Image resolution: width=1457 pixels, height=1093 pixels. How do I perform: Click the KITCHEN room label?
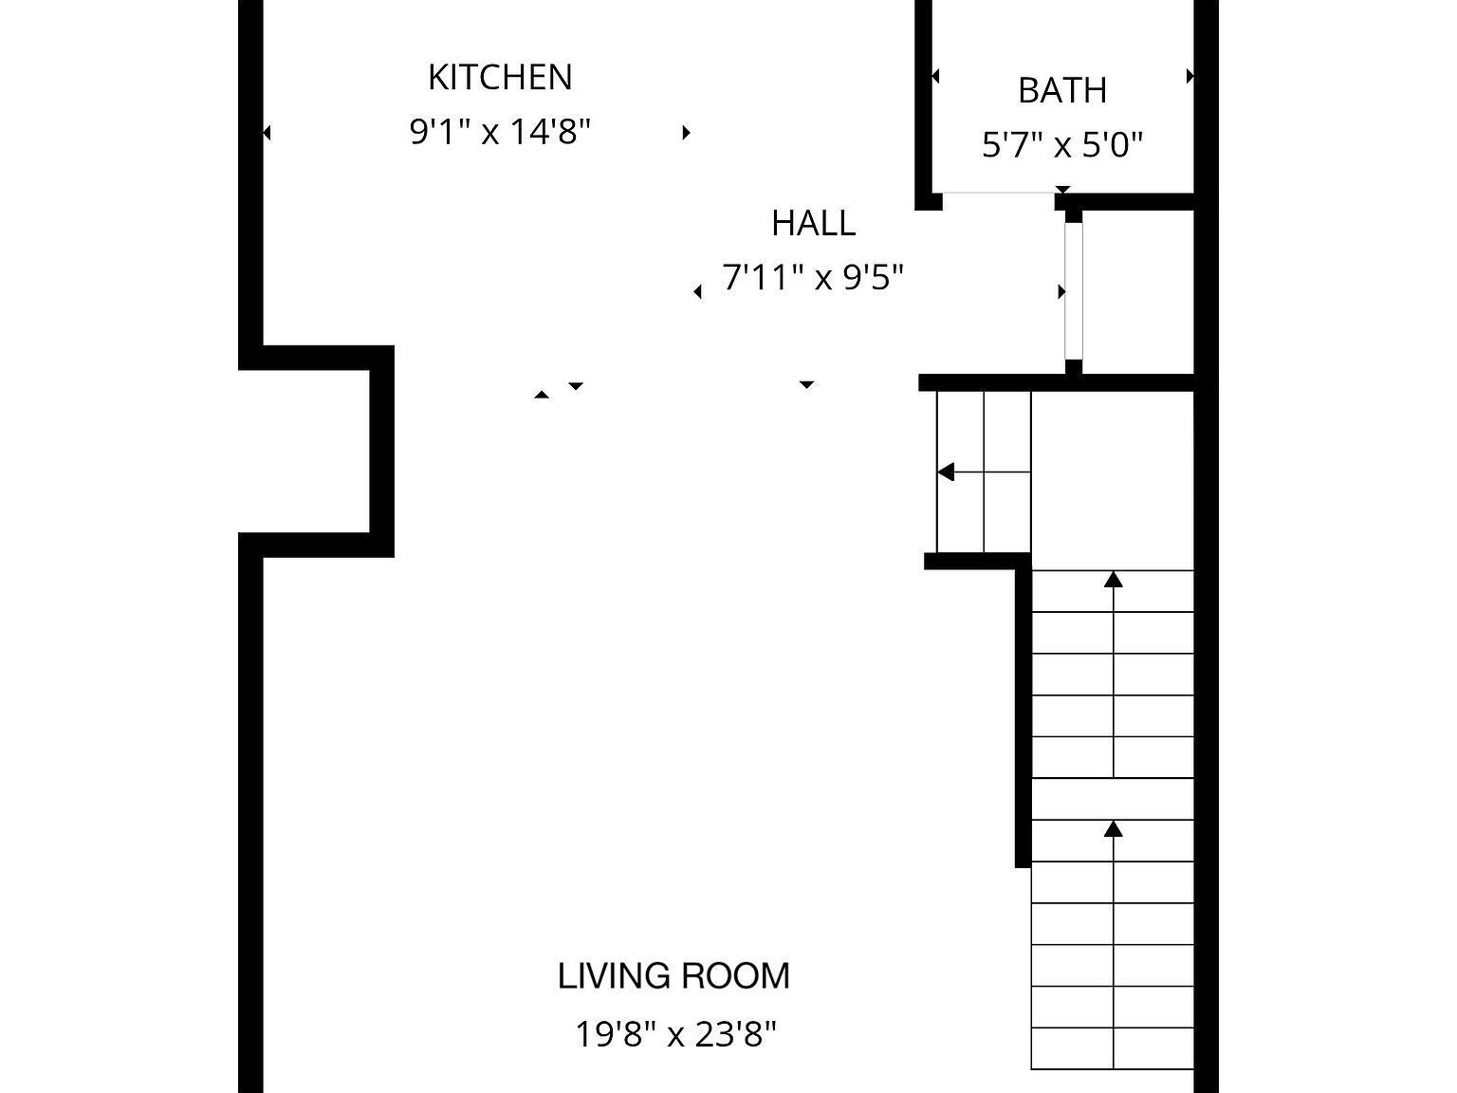(500, 77)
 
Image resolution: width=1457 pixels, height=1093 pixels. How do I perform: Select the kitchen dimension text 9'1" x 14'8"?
(500, 131)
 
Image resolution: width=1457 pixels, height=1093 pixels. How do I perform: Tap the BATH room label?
(1061, 90)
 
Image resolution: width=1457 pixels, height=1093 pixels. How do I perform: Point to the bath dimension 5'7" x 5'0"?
(1061, 145)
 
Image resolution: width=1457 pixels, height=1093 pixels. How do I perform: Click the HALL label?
(813, 223)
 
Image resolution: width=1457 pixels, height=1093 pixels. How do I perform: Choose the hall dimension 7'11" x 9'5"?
(813, 278)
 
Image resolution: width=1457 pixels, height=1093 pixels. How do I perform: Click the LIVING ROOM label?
(673, 976)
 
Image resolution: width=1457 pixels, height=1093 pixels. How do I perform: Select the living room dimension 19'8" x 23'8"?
(675, 1033)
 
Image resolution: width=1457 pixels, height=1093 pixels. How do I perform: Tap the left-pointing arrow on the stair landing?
(947, 472)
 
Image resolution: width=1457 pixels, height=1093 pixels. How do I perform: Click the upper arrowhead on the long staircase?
(1114, 579)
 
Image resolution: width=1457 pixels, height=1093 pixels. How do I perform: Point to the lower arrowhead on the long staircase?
(1114, 829)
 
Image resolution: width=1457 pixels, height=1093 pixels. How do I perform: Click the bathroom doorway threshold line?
(998, 194)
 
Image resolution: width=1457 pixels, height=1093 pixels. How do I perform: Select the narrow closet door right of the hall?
(1073, 290)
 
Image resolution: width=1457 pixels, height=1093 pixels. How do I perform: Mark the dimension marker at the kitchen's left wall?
(267, 133)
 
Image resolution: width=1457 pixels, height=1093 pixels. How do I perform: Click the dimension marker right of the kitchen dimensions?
(686, 132)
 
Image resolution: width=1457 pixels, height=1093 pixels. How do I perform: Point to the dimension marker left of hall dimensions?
(698, 292)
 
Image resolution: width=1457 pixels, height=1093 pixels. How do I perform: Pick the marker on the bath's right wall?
(1190, 76)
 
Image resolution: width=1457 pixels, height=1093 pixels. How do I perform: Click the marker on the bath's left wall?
(935, 76)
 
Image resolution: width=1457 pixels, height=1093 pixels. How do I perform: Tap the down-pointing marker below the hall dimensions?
(806, 385)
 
